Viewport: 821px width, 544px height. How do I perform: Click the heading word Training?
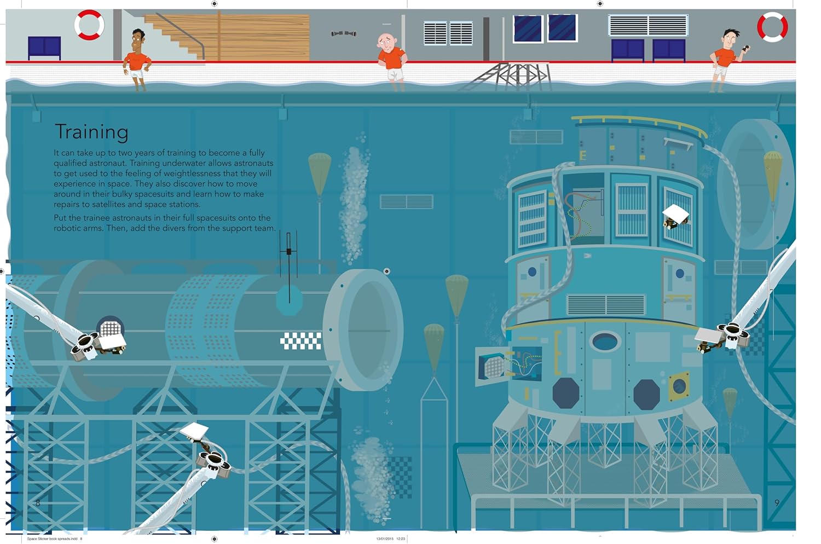click(x=91, y=132)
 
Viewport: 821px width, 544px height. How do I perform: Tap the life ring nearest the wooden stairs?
click(x=89, y=25)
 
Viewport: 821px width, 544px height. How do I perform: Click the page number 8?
click(x=38, y=503)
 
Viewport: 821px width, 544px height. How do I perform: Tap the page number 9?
click(x=777, y=503)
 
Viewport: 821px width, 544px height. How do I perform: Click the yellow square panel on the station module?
click(x=679, y=387)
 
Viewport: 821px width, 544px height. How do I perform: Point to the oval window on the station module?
click(x=605, y=342)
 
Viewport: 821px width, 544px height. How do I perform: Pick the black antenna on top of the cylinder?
click(x=288, y=257)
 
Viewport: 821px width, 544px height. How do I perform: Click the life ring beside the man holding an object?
click(x=772, y=26)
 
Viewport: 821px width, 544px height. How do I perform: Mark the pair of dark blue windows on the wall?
click(x=545, y=28)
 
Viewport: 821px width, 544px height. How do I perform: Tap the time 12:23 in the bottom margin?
click(x=401, y=539)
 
